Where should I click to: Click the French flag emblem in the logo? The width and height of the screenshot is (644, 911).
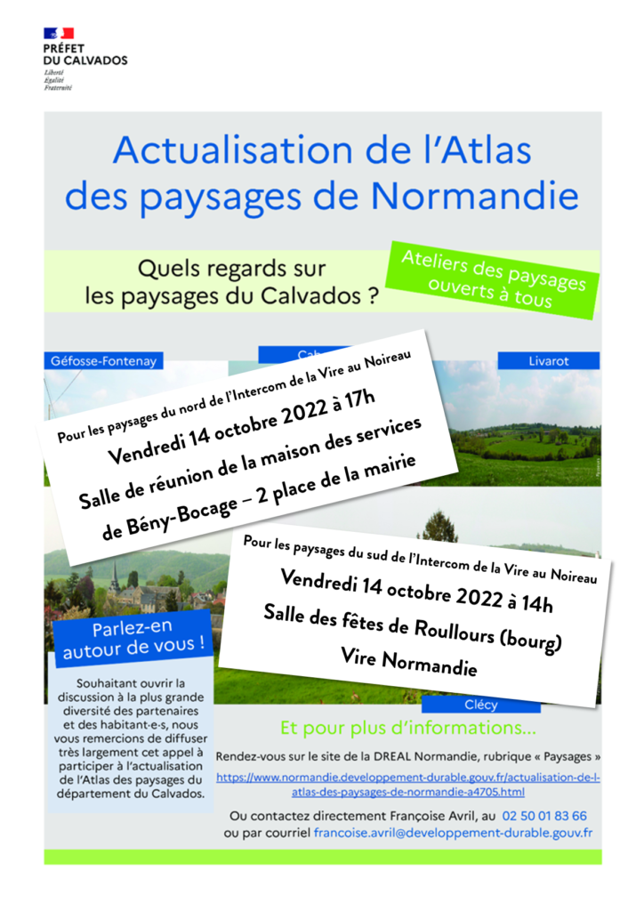[x=59, y=34]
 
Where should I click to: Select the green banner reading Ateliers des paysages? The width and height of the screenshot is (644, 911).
[x=494, y=279]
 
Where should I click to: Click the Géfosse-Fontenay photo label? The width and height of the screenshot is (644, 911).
[x=104, y=361]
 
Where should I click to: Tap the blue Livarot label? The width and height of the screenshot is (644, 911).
[x=548, y=360]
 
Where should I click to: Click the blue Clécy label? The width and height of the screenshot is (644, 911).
[x=481, y=705]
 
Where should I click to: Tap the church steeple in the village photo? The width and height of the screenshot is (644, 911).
[x=115, y=576]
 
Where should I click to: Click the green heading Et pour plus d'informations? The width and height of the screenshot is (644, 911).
[x=408, y=729]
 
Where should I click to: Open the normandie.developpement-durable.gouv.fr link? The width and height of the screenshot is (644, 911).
[x=408, y=784]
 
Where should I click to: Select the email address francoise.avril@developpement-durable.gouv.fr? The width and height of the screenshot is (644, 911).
[x=453, y=833]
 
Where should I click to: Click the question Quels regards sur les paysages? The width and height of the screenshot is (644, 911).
[x=229, y=281]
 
